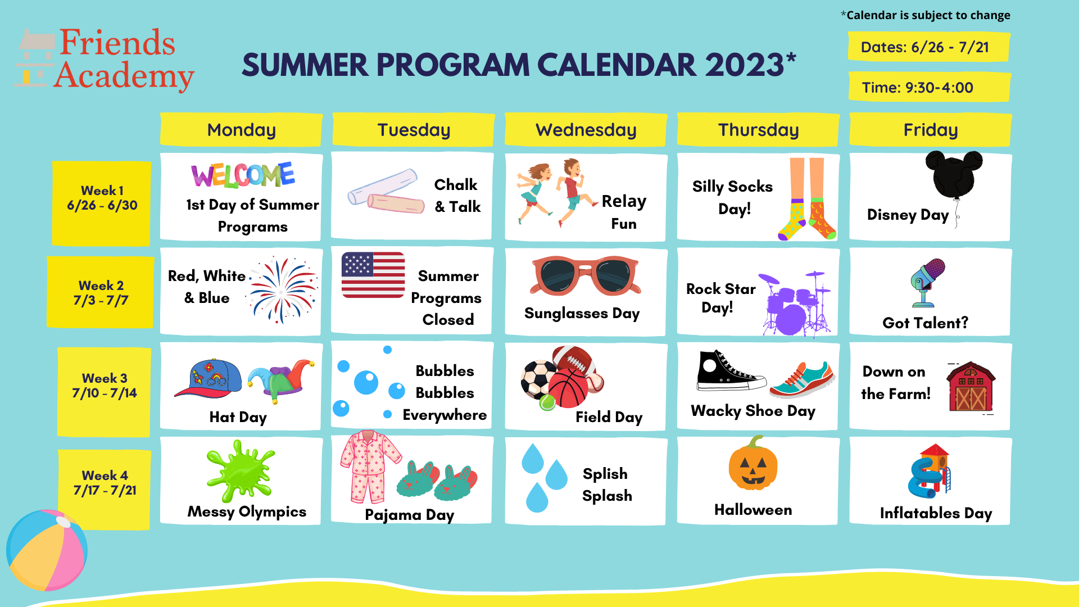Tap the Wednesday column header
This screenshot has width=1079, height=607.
[x=586, y=130]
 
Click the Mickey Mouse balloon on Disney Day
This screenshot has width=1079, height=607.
[x=954, y=174]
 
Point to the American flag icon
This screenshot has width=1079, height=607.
[x=373, y=275]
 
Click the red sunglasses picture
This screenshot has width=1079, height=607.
[x=584, y=275]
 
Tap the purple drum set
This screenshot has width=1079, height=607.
[x=794, y=303]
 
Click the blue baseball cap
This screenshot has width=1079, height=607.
[x=208, y=378]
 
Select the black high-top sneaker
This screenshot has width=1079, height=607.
[x=730, y=371]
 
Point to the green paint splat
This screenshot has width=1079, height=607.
[x=240, y=471]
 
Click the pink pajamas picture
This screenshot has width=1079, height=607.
[x=370, y=466]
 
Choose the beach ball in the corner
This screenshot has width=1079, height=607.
[x=47, y=550]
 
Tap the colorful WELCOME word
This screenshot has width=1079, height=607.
[x=243, y=175]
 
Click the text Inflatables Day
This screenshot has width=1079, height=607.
[x=936, y=513]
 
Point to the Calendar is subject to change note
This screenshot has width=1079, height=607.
[x=926, y=15]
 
